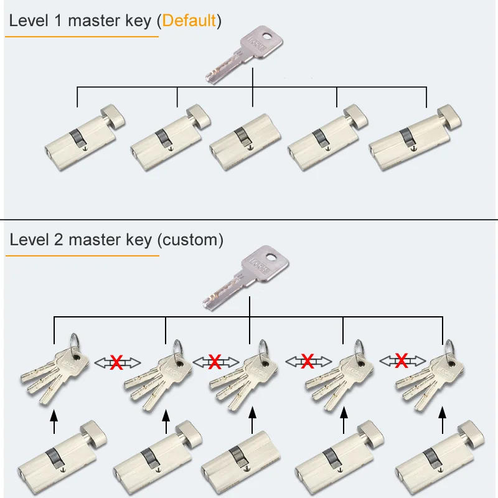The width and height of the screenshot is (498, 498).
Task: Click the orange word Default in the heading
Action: (x=189, y=21)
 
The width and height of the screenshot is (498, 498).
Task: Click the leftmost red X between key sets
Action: (x=116, y=362)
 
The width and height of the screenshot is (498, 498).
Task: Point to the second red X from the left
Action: (x=215, y=361)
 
